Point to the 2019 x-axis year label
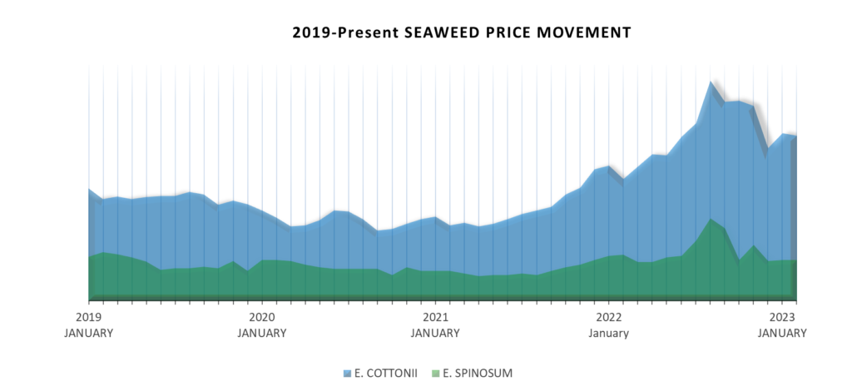88,318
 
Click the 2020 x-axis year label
262,318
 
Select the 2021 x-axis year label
435,318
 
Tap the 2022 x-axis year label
608,318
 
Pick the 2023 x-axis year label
781,318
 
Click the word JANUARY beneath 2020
262,333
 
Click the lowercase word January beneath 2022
608,333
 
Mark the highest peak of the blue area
710,82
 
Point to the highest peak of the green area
710,220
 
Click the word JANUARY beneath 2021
435,333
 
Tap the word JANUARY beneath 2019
88,333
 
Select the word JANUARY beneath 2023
781,333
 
